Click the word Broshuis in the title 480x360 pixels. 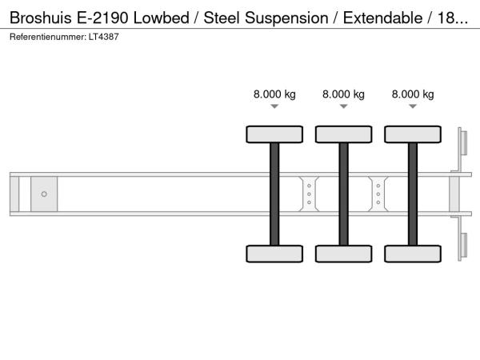[41, 18]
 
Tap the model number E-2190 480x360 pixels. [102, 18]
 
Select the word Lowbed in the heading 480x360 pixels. [162, 18]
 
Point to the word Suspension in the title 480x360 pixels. [286, 18]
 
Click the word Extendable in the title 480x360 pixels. [382, 18]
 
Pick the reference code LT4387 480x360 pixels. [103, 37]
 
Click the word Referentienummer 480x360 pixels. [48, 37]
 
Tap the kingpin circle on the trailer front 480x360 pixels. [44, 194]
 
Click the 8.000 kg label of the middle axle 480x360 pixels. [343, 94]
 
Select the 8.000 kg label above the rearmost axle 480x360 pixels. [413, 94]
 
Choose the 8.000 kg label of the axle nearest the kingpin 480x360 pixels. [274, 94]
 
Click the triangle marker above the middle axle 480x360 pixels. [344, 106]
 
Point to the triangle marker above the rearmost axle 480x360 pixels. [413, 106]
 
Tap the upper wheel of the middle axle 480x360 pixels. [344, 134]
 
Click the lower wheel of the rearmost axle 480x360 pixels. [413, 254]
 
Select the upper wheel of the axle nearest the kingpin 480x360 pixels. [274, 134]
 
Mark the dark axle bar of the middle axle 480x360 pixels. [344, 194]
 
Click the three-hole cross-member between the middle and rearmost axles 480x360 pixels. [378, 194]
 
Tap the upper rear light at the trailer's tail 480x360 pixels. [464, 143]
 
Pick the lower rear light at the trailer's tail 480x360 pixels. [464, 246]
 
